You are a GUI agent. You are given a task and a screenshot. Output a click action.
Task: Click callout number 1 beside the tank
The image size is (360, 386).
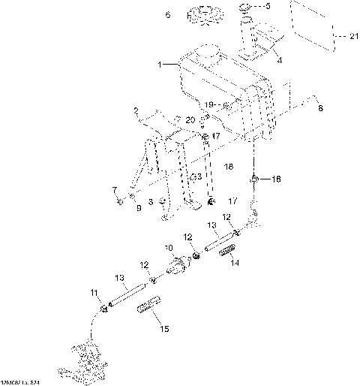click(160, 65)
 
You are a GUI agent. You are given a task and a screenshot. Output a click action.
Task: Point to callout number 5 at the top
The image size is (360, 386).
click(270, 6)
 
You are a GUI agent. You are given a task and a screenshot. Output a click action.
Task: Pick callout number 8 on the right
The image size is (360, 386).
click(322, 109)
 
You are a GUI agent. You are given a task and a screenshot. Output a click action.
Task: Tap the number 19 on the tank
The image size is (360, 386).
click(210, 104)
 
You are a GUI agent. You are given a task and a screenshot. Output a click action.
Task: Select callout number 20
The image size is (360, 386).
click(190, 120)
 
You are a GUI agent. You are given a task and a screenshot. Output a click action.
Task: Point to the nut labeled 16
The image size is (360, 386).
click(255, 179)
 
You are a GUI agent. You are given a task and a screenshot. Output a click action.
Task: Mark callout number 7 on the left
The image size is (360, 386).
click(115, 189)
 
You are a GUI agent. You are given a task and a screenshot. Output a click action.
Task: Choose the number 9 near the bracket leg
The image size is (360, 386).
click(137, 207)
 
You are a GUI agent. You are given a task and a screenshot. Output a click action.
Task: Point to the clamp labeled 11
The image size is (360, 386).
click(104, 306)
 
